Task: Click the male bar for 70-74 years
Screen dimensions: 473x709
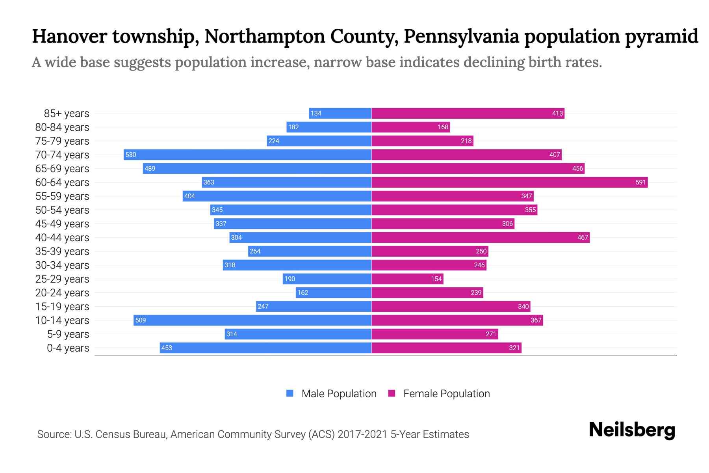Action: pyautogui.click(x=247, y=155)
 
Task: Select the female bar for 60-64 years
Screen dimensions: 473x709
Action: pyautogui.click(x=509, y=182)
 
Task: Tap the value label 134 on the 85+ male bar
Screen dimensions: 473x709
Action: pyautogui.click(x=316, y=114)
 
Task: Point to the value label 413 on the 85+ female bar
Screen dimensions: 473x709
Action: pyautogui.click(x=557, y=114)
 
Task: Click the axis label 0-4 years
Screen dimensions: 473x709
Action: pyautogui.click(x=68, y=348)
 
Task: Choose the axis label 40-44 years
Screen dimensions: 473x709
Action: pyautogui.click(x=62, y=238)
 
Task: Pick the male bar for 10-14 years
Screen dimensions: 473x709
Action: pyautogui.click(x=252, y=320)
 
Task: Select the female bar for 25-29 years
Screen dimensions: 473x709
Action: pyautogui.click(x=407, y=279)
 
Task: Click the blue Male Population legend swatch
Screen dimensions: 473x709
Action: pyautogui.click(x=290, y=393)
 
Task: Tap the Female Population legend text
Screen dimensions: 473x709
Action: pyautogui.click(x=446, y=393)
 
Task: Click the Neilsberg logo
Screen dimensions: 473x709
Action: pyautogui.click(x=632, y=430)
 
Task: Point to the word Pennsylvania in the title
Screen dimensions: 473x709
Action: pyautogui.click(x=461, y=36)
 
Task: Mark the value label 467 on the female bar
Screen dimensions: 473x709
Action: pyautogui.click(x=583, y=238)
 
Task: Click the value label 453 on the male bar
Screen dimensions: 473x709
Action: pyautogui.click(x=167, y=348)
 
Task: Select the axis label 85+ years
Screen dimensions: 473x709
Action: pyautogui.click(x=67, y=114)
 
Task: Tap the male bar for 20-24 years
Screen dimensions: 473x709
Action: pyautogui.click(x=334, y=292)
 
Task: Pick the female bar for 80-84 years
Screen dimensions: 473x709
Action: pyautogui.click(x=410, y=127)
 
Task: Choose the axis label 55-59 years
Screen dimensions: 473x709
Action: pyautogui.click(x=62, y=196)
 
